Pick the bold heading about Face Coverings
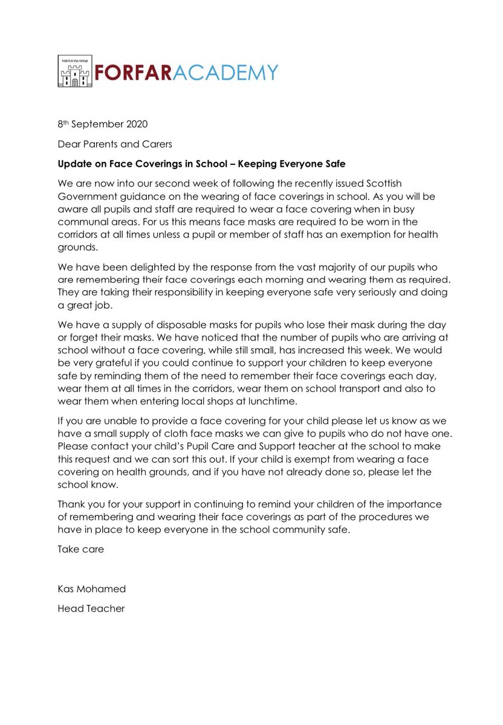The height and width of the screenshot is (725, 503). point(201,164)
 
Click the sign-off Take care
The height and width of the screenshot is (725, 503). point(80,549)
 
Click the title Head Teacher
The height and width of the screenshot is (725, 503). point(91,608)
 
